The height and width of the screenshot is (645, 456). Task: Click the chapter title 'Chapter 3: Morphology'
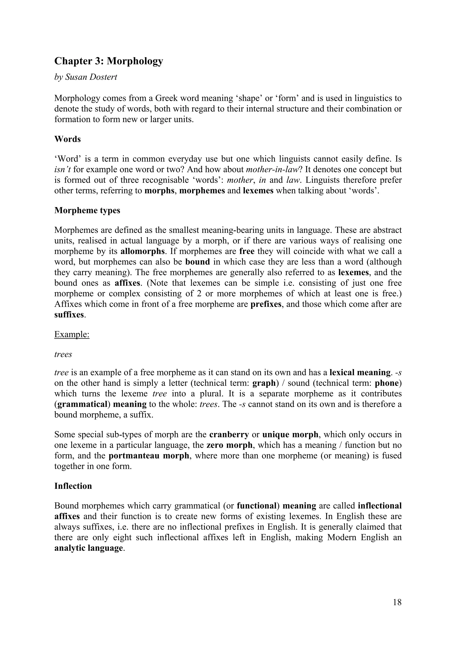pyautogui.click(x=108, y=61)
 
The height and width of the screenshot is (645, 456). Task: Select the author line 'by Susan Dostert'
pyautogui.click(x=85, y=77)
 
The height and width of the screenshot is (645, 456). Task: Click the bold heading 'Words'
pyautogui.click(x=67, y=139)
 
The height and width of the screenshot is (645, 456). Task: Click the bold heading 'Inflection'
pyautogui.click(x=73, y=486)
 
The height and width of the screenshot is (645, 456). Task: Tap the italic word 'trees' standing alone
pyautogui.click(x=63, y=354)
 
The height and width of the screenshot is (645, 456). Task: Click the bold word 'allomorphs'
pyautogui.click(x=142, y=251)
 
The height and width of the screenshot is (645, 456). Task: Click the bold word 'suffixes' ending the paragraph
pyautogui.click(x=69, y=315)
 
